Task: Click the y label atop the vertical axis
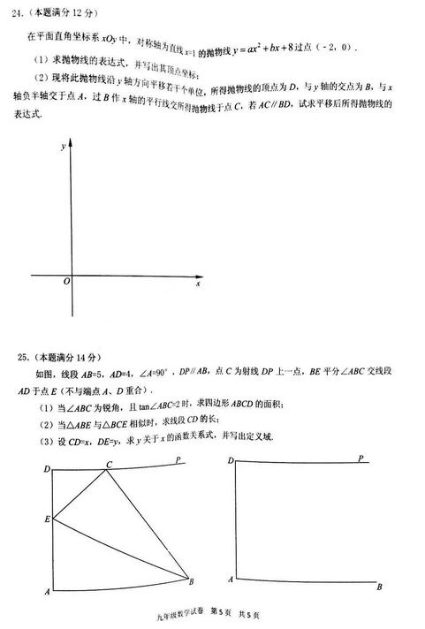(63, 149)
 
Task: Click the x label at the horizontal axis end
(198, 284)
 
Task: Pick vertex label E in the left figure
(46, 519)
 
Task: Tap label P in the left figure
(178, 460)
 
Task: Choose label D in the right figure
(231, 461)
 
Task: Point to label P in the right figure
(360, 458)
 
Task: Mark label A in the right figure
(231, 580)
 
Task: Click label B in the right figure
(378, 587)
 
